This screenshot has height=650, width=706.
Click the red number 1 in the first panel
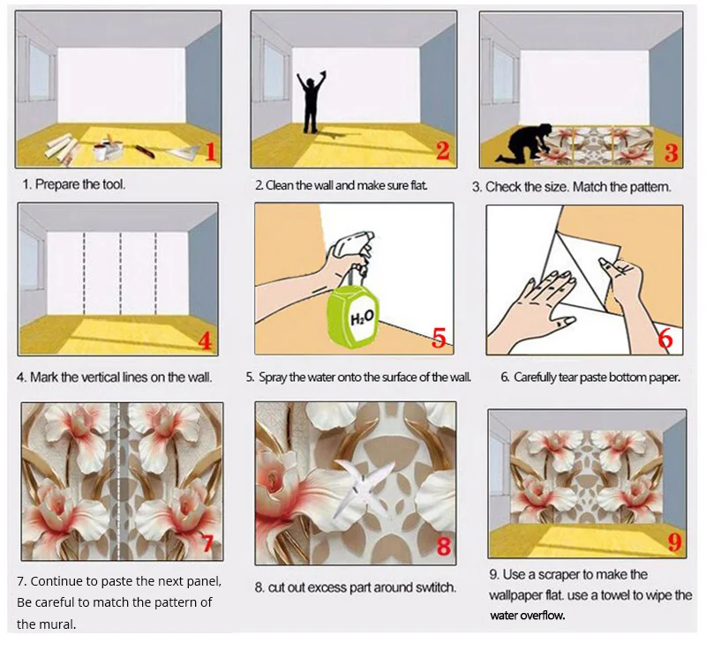click(x=210, y=150)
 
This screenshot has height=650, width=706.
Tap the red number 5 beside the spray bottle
click(x=439, y=339)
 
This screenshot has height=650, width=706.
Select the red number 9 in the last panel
click(x=673, y=539)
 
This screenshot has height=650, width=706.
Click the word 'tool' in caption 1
click(x=110, y=185)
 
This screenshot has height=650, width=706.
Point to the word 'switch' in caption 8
click(x=435, y=587)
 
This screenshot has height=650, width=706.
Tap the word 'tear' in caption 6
click(x=574, y=377)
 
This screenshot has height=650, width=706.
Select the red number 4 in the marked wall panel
click(x=206, y=340)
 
